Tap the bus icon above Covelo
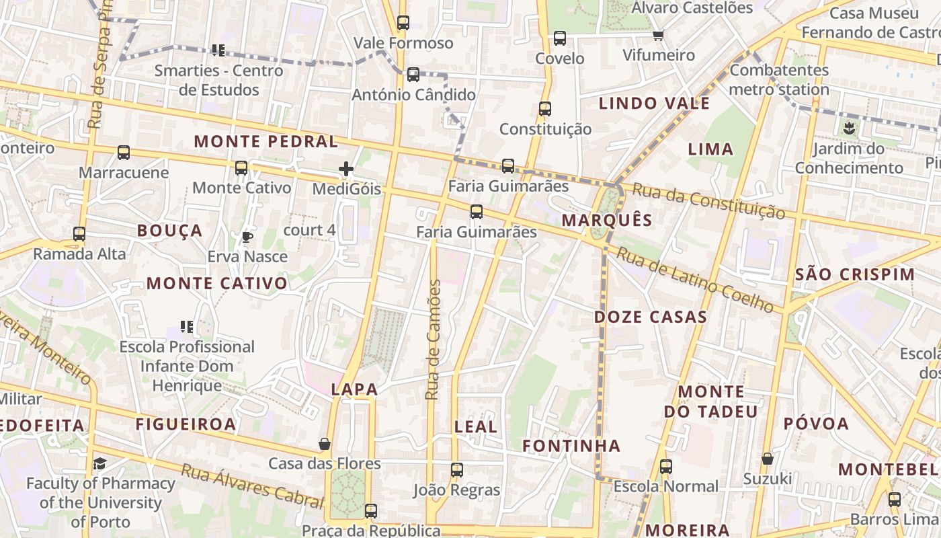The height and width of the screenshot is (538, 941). pyautogui.click(x=560, y=38)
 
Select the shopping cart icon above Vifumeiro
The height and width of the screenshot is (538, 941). pyautogui.click(x=659, y=35)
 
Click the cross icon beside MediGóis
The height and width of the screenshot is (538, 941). pyautogui.click(x=346, y=169)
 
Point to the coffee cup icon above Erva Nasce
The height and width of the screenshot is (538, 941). pyautogui.click(x=247, y=237)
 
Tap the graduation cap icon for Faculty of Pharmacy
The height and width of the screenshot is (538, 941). pyautogui.click(x=100, y=463)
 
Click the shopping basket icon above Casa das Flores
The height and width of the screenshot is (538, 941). pyautogui.click(x=325, y=445)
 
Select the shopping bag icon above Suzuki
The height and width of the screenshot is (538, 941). pyautogui.click(x=767, y=459)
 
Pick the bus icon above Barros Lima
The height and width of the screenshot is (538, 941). pyautogui.click(x=894, y=500)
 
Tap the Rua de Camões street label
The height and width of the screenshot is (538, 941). pyautogui.click(x=434, y=340)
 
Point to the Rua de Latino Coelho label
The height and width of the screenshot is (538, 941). pyautogui.click(x=695, y=280)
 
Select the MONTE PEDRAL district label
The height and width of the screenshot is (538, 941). pyautogui.click(x=265, y=141)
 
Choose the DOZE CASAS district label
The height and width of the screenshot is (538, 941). pyautogui.click(x=650, y=317)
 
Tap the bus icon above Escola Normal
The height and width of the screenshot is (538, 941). pyautogui.click(x=665, y=466)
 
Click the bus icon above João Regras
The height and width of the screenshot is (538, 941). pyautogui.click(x=457, y=470)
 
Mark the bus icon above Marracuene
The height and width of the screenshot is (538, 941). pyautogui.click(x=124, y=153)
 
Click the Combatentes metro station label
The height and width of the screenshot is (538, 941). pyautogui.click(x=779, y=79)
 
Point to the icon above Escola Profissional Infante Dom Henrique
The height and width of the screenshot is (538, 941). pyautogui.click(x=186, y=327)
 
